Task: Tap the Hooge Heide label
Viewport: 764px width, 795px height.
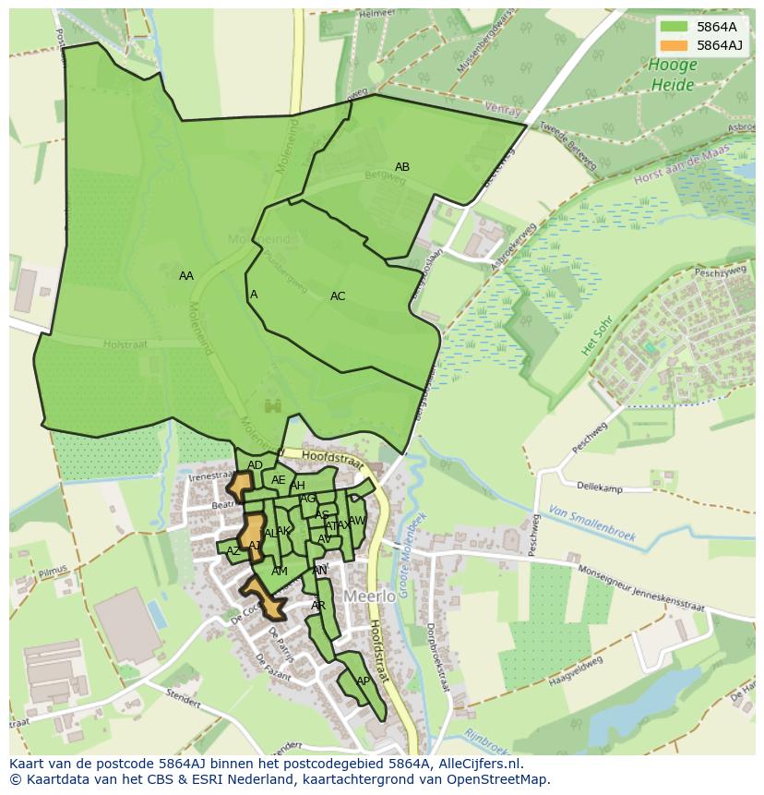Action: tap(671, 75)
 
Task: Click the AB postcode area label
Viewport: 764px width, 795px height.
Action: tap(402, 167)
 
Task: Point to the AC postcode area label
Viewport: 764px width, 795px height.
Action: tap(338, 296)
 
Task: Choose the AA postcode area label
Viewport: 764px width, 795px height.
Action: tap(186, 276)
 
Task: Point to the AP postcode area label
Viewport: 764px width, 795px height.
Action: tap(363, 681)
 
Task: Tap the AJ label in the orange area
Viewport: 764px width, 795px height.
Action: tap(255, 546)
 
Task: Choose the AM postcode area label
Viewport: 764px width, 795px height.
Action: tap(280, 572)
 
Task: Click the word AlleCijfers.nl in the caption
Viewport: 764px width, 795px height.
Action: tap(479, 764)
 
